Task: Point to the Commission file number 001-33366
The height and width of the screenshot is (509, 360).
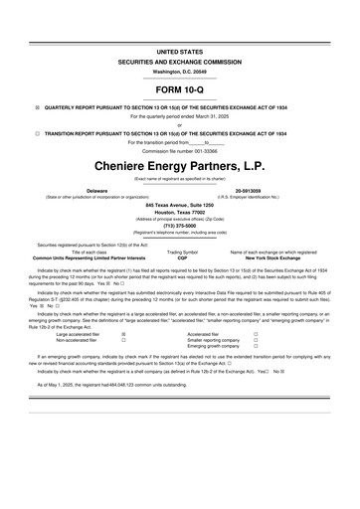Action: click(180, 150)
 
